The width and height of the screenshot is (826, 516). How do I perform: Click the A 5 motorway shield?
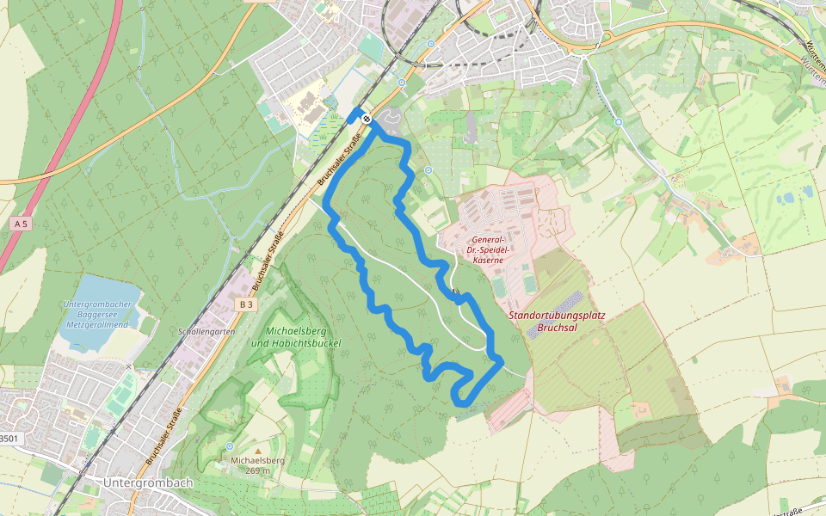click(x=21, y=224)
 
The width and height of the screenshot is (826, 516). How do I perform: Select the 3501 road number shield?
click(x=8, y=439)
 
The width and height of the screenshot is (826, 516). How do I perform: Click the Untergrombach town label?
click(x=148, y=483)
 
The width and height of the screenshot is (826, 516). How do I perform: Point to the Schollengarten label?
click(x=206, y=331)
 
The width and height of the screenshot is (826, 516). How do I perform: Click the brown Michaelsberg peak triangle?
click(x=256, y=451)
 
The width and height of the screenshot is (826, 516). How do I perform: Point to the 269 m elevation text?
click(x=257, y=470)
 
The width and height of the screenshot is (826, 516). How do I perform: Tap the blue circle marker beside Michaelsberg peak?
click(x=229, y=446)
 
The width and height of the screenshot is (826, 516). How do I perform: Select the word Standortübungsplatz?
click(x=557, y=315)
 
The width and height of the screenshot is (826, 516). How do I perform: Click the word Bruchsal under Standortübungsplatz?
click(x=557, y=327)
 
